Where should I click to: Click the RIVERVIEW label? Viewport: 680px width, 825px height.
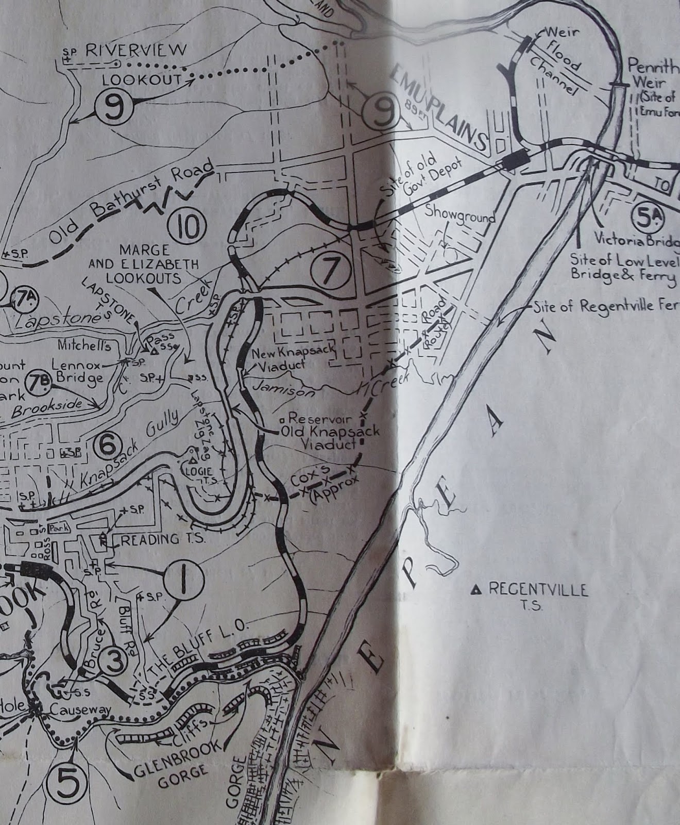[136, 50]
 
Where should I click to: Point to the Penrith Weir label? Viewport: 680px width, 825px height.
[650, 74]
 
